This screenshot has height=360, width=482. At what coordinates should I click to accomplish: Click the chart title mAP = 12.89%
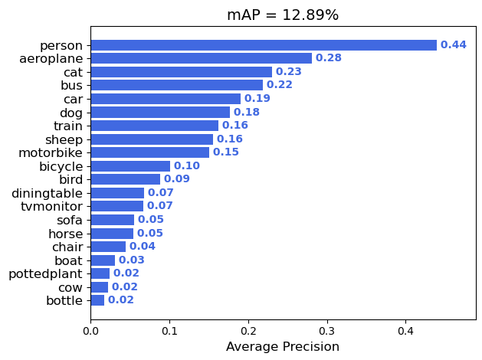[x=283, y=15]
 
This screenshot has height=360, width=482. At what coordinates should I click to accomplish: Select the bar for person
[x=264, y=45]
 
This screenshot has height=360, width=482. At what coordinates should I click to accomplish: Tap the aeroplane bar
[x=201, y=58]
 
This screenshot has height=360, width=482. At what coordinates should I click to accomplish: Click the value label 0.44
[x=454, y=45]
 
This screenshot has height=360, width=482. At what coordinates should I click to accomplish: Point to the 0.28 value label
[x=329, y=58]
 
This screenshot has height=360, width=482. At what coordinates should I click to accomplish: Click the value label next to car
[x=257, y=99]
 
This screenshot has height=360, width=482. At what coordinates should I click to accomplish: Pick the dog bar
[x=160, y=113]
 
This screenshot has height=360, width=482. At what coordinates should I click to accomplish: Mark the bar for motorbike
[x=150, y=152]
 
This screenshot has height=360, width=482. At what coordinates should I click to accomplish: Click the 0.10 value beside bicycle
[x=187, y=166]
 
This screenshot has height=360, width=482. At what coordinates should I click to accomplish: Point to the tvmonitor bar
[x=117, y=206]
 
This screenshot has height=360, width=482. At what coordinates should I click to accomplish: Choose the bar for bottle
[x=97, y=300]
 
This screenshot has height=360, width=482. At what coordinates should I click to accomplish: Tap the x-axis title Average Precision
[x=283, y=347]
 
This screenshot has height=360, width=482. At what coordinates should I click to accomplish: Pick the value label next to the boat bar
[x=132, y=260]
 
